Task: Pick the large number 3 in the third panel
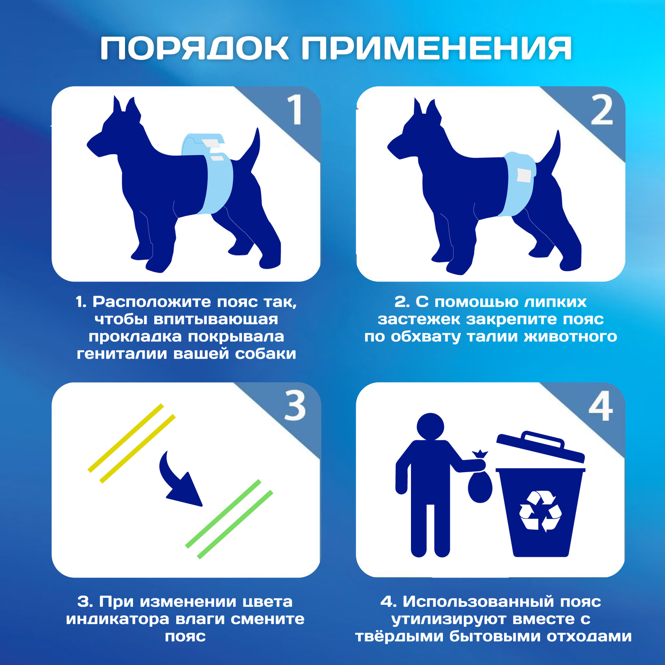pos(295,406)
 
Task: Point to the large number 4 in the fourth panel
pos(601,406)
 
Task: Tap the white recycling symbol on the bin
pos(540,511)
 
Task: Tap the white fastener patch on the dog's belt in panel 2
pos(524,175)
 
